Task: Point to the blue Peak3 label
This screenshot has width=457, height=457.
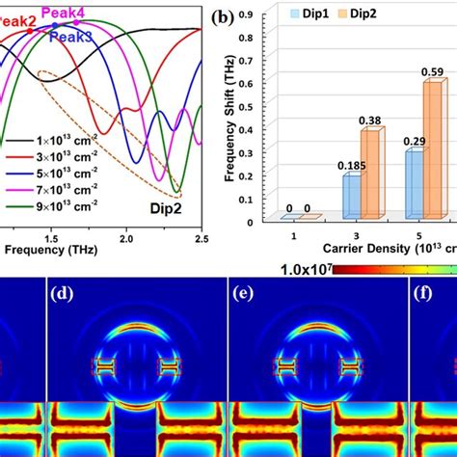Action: coord(71,37)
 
